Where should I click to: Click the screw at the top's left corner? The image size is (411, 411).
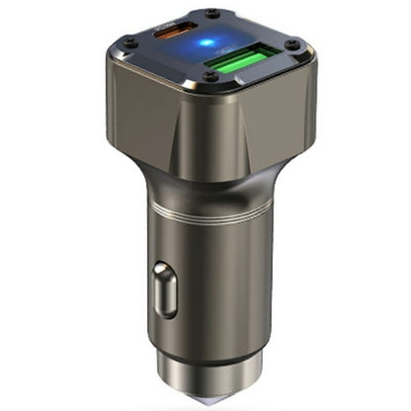(125, 41)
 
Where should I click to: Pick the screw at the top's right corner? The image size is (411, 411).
(290, 43)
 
